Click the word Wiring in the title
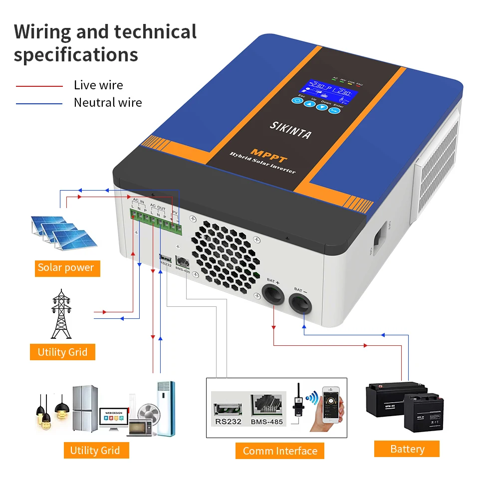(x=42, y=32)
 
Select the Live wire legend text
(x=98, y=85)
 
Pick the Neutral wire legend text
(x=108, y=103)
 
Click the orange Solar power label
(x=66, y=268)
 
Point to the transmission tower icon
(x=61, y=314)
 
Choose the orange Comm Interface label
(x=280, y=451)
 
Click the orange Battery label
(x=407, y=449)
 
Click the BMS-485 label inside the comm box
(x=267, y=422)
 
